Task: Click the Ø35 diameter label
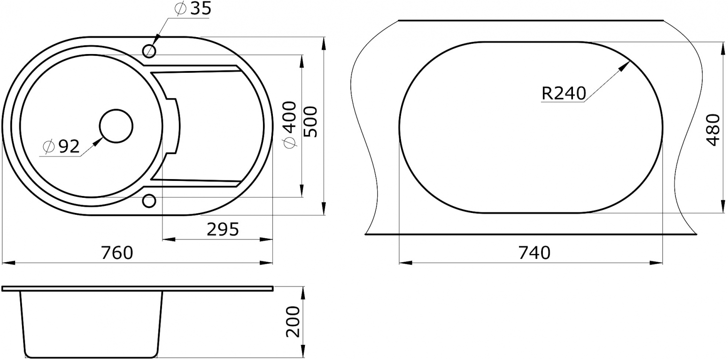coord(193,9)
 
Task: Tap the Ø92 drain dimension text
coord(61,147)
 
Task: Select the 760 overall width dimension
coord(117,253)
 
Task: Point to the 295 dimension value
coord(223,229)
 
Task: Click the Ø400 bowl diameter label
coord(290,125)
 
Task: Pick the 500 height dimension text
coord(310,122)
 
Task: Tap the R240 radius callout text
coord(564,93)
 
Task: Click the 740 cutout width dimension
coord(534,253)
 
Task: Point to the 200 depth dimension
coord(293,321)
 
